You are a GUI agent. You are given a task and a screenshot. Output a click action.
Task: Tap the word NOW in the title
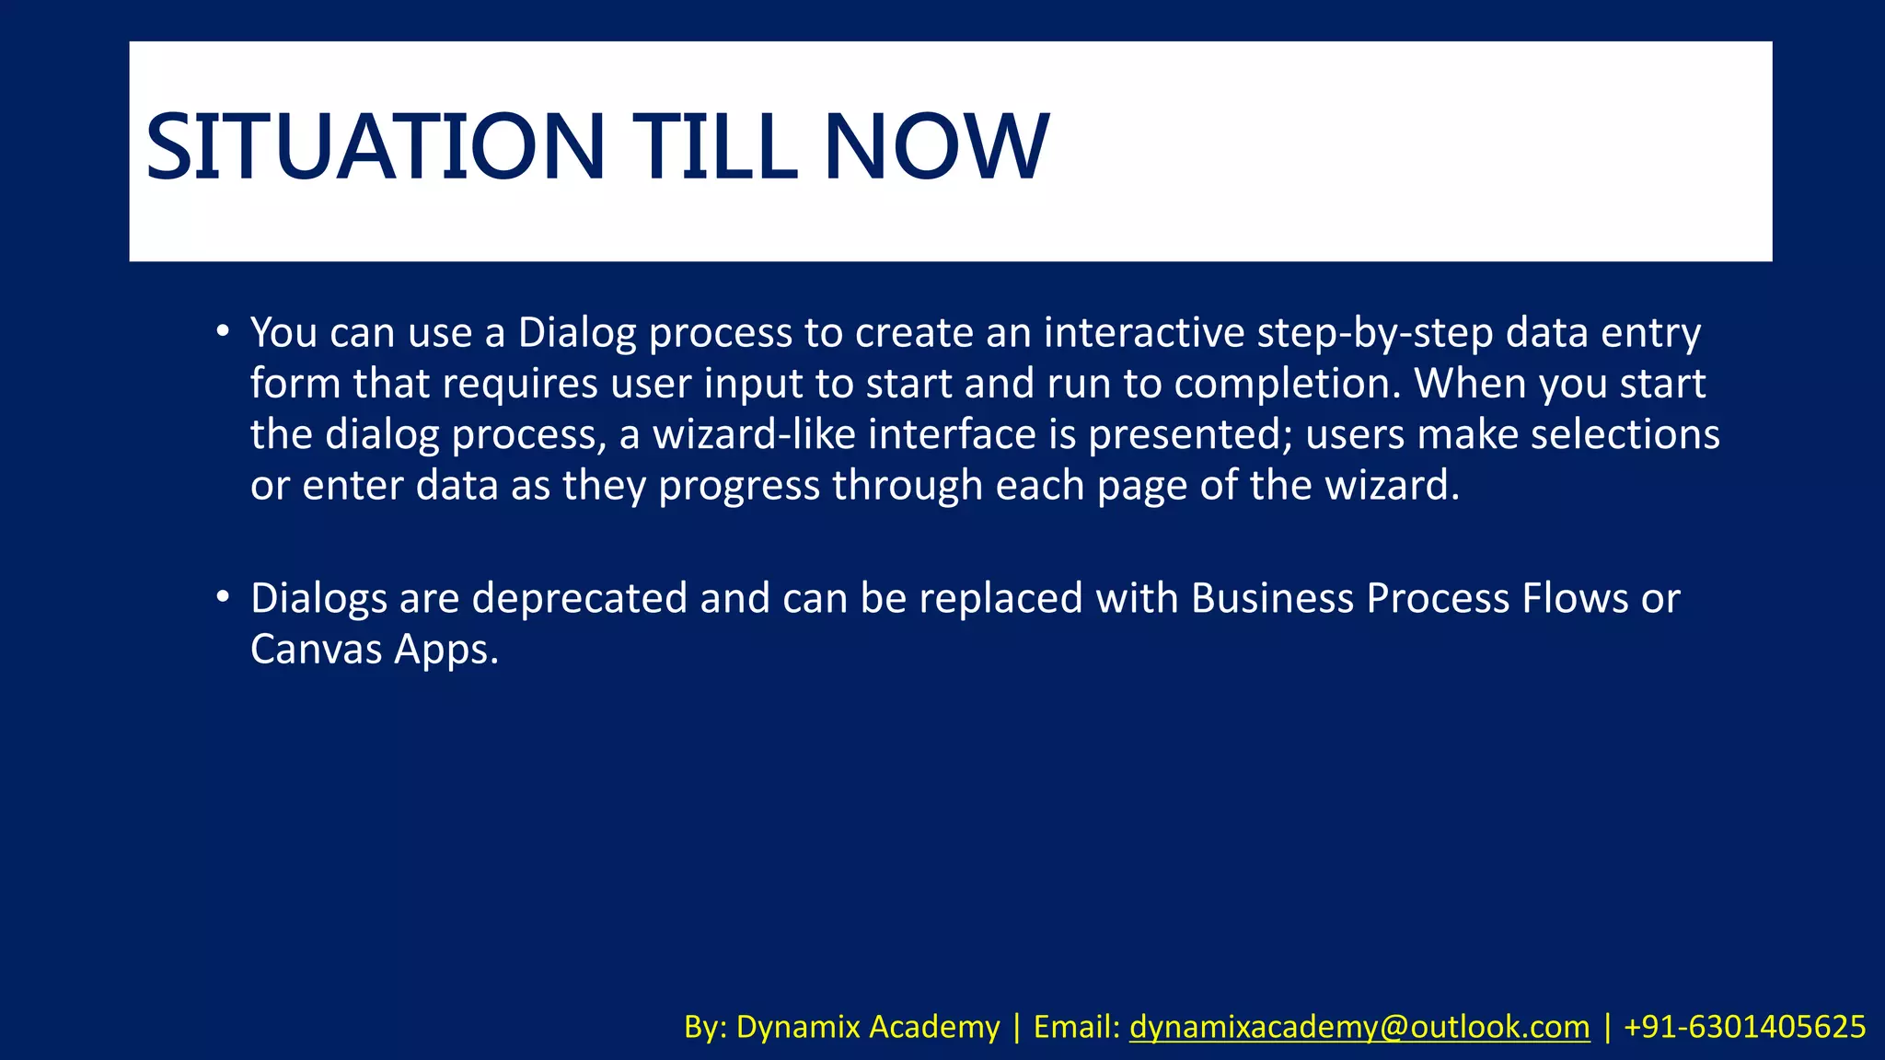935,147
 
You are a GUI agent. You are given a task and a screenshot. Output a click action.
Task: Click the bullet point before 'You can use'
223,330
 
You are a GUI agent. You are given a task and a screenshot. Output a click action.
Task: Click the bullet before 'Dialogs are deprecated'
223,597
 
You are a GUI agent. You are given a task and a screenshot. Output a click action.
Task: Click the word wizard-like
754,434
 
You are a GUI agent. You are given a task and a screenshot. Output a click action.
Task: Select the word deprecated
579,599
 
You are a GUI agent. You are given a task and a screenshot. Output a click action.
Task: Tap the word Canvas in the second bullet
316,650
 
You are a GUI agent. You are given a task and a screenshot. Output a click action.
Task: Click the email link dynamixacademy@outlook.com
1359,1027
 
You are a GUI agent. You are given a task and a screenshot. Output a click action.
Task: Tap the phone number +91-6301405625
1744,1027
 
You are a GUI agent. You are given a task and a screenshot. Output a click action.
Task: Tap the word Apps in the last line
445,650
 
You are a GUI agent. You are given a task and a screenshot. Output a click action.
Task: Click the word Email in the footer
1075,1027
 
